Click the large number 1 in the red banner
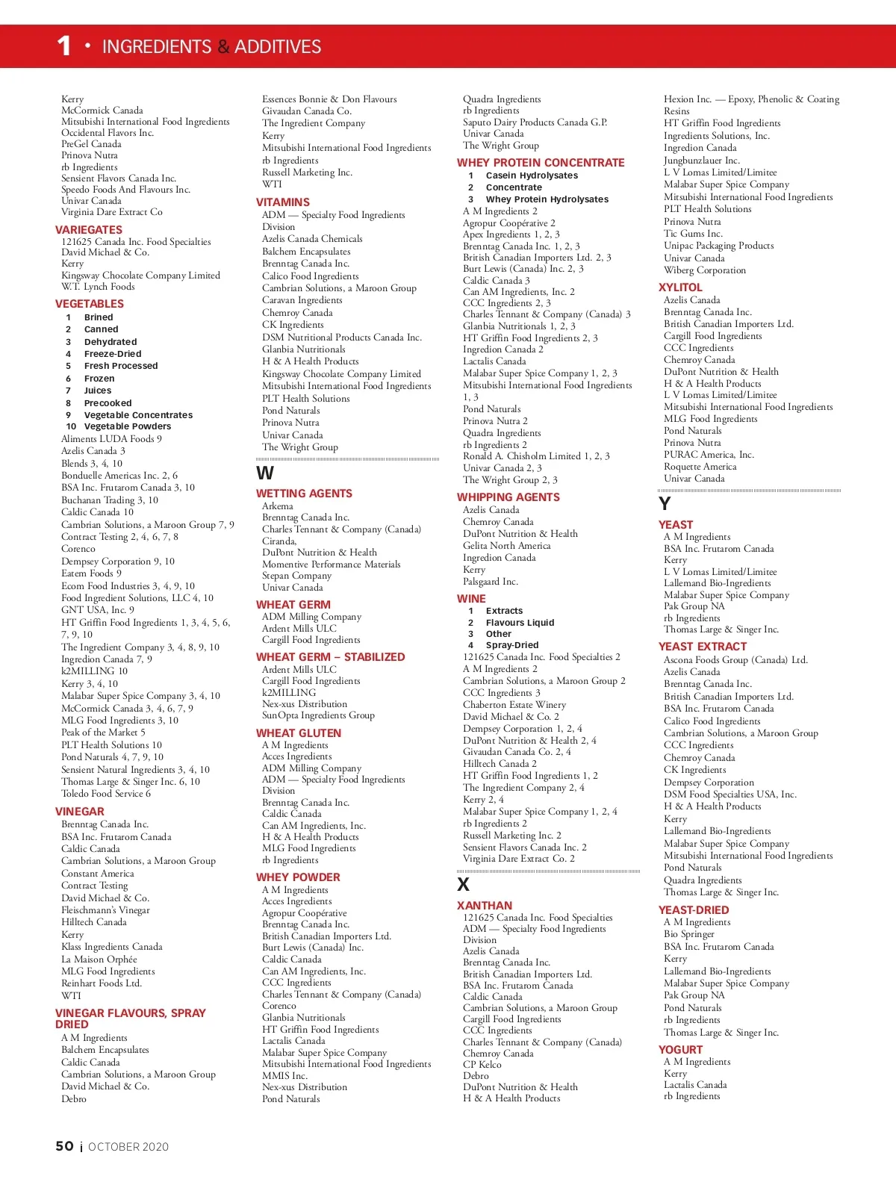point(64,46)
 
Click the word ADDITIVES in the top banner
point(278,47)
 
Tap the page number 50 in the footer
point(64,1146)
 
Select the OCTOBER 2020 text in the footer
point(128,1147)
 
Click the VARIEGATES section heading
point(89,230)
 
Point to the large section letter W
point(265,473)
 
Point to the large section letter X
point(463,885)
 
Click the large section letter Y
point(665,504)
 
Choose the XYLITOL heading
point(680,287)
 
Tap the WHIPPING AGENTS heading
point(508,497)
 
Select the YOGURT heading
point(680,1050)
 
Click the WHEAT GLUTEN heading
point(299,733)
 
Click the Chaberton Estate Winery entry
point(514,704)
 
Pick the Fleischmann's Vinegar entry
point(105,910)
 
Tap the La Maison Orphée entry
point(99,959)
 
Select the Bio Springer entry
point(689,934)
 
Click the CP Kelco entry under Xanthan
point(482,1064)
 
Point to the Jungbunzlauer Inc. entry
point(702,160)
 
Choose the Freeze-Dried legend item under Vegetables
point(113,354)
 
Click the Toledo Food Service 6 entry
point(106,794)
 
